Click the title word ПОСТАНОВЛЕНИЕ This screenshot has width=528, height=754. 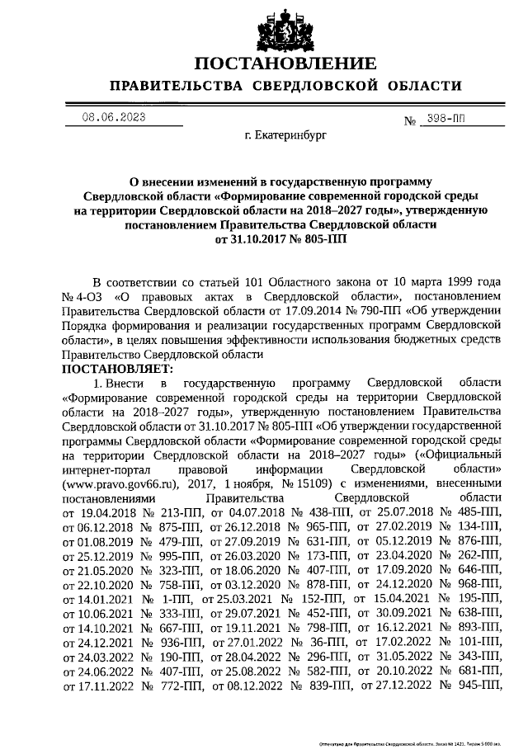point(285,64)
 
